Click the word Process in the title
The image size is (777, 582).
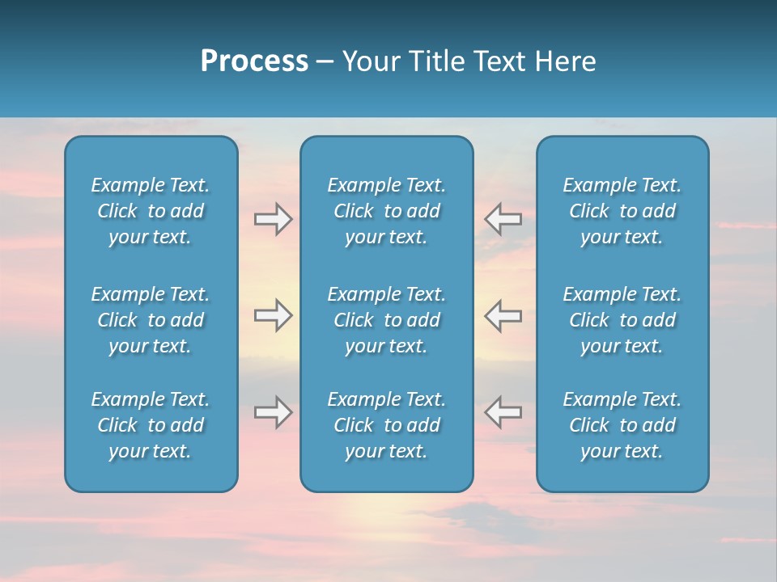(x=254, y=61)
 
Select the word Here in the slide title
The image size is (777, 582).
(x=565, y=61)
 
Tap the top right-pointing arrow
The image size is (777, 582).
(x=273, y=219)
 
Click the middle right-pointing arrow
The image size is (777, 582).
(x=273, y=315)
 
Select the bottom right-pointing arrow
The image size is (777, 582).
(x=273, y=412)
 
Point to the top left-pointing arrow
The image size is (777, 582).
(x=503, y=219)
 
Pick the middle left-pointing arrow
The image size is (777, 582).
(x=503, y=315)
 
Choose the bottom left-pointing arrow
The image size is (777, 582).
(x=503, y=412)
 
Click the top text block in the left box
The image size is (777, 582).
(x=151, y=211)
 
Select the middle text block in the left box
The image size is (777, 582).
(x=151, y=320)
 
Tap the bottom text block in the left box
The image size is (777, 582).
(x=151, y=425)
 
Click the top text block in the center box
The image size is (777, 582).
(x=387, y=211)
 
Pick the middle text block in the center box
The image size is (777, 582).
(x=387, y=320)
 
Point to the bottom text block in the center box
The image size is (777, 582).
(x=387, y=425)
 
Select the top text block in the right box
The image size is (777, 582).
(x=622, y=211)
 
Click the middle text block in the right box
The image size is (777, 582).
(x=622, y=320)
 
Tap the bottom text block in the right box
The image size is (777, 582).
(x=622, y=425)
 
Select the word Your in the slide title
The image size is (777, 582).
(x=368, y=61)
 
